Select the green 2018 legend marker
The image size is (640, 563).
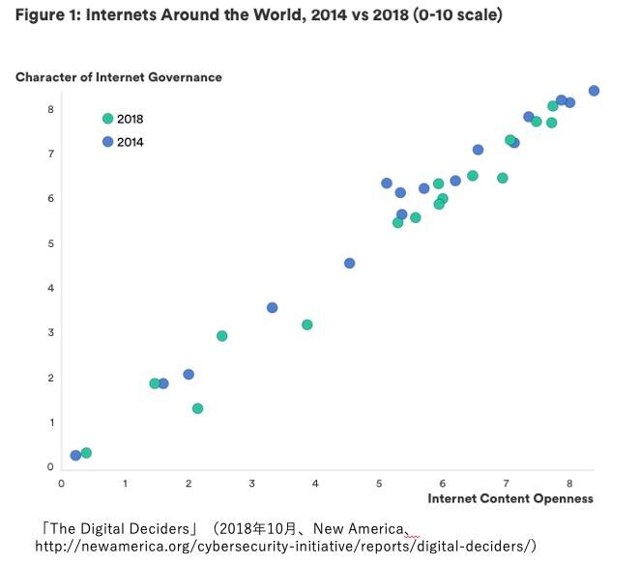(x=107, y=119)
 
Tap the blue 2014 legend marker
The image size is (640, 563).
(x=107, y=142)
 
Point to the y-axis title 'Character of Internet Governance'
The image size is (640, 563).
(x=118, y=77)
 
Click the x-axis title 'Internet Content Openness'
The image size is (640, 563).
(x=509, y=498)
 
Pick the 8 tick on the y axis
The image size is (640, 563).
(x=50, y=109)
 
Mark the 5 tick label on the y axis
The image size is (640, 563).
(x=50, y=243)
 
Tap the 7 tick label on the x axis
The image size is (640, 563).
(x=506, y=483)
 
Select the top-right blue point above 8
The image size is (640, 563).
(x=594, y=91)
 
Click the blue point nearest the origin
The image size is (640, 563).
(x=75, y=456)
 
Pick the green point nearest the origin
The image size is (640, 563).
(x=86, y=453)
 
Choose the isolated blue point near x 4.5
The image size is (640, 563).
(x=349, y=264)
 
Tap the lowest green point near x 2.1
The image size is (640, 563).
(x=197, y=408)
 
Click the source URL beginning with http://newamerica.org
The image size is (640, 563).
(x=285, y=546)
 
